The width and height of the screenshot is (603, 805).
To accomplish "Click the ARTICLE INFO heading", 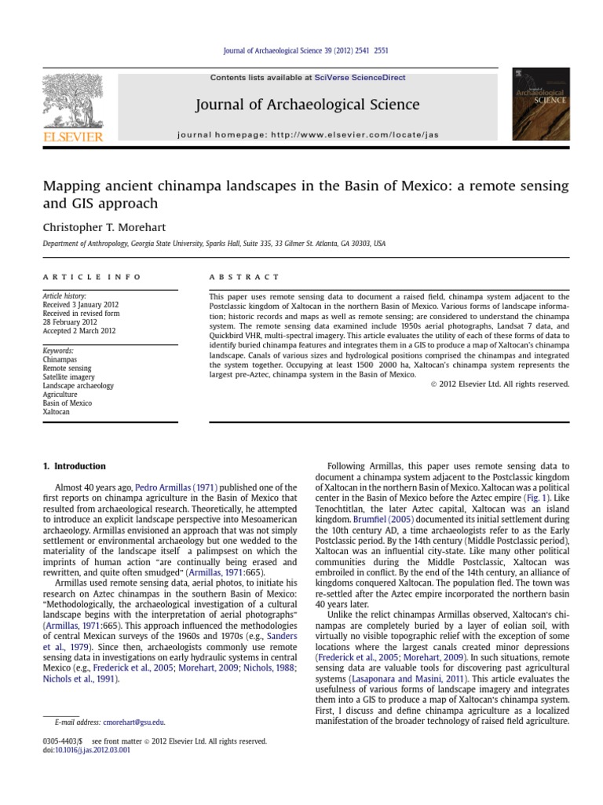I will (x=92, y=277).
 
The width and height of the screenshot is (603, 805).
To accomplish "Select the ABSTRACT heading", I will (x=244, y=277).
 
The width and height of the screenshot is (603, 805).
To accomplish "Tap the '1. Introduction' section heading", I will (x=74, y=466).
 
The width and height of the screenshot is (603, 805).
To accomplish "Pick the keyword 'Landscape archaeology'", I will (x=78, y=386).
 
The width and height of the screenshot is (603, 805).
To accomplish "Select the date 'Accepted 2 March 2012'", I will (x=79, y=331).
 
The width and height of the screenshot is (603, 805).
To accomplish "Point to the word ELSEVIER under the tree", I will (x=71, y=138).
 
